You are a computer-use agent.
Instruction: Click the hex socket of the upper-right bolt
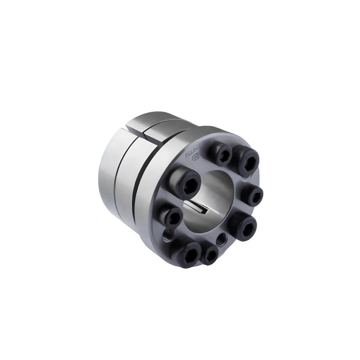tap(248, 163)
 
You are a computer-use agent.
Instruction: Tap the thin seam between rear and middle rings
tap(115, 187)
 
